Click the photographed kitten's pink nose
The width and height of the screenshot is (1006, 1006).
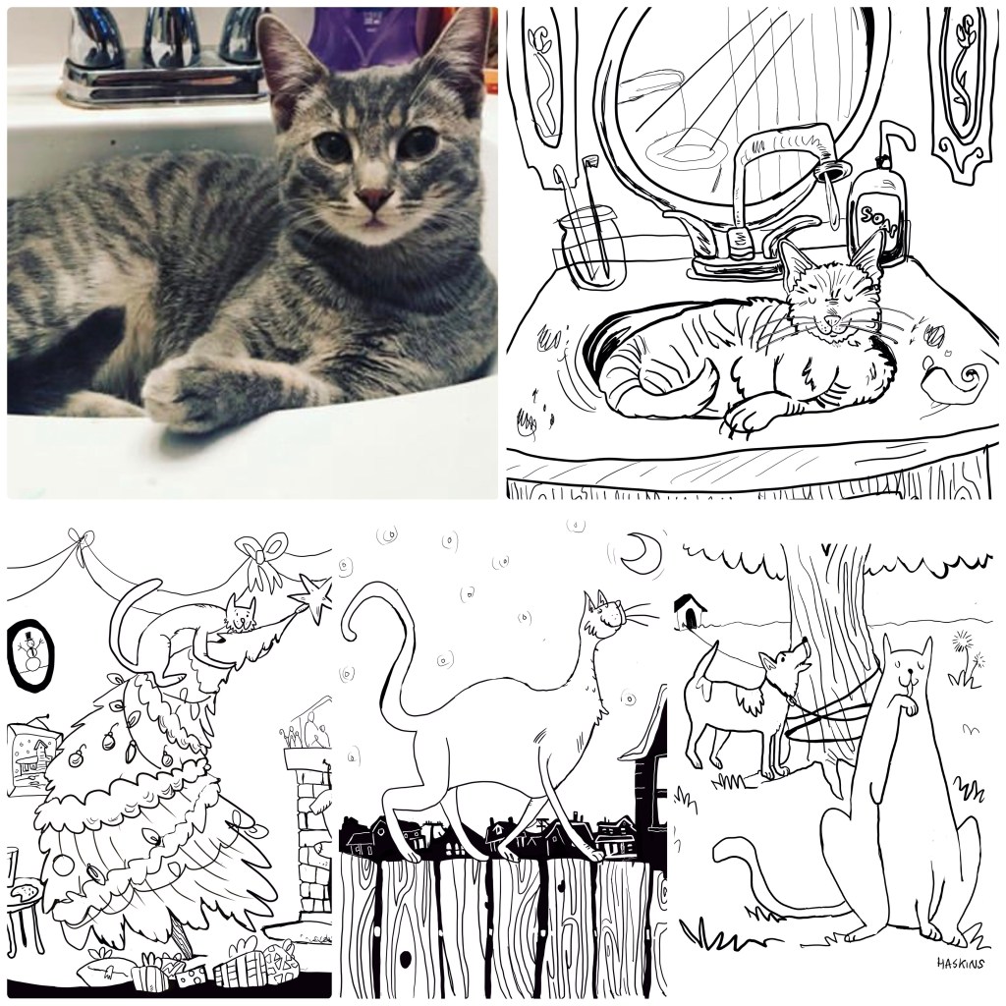(373, 198)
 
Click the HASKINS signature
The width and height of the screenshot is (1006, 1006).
(961, 964)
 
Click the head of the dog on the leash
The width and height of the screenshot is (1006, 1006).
(786, 662)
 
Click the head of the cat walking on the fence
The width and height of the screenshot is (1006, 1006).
(604, 614)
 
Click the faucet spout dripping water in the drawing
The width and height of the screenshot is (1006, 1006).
(829, 168)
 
